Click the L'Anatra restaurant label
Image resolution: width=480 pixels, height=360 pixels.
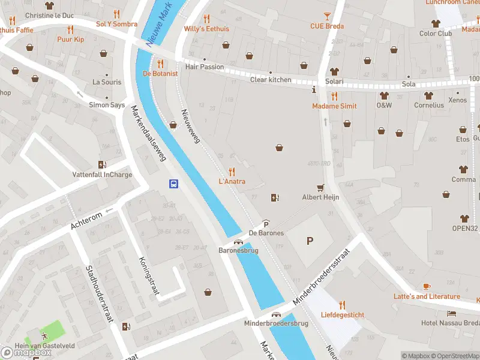pos(232,181)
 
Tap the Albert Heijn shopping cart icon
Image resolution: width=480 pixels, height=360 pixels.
pos(320,187)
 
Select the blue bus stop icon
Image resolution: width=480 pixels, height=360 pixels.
pos(173,184)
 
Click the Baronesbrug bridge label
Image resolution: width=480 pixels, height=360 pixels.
pos(238,250)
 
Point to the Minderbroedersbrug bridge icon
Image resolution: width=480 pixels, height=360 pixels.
pos(276,314)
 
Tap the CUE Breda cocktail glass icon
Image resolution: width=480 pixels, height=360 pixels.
pos(327,16)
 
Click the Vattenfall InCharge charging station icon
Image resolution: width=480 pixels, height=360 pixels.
pos(102,164)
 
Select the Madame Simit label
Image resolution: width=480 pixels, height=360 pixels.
pos(334,106)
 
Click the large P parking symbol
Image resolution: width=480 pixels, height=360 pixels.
pos(310,241)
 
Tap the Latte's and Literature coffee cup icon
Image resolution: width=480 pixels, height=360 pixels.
pos(427,286)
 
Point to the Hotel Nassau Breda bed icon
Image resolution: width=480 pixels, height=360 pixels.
pos(451,313)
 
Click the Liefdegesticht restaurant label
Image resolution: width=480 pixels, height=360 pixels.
pos(342,314)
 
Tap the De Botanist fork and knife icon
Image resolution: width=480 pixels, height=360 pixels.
pos(160,63)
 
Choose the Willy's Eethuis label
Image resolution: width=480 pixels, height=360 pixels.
pos(206,28)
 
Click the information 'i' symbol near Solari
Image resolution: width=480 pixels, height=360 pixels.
pos(314,90)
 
